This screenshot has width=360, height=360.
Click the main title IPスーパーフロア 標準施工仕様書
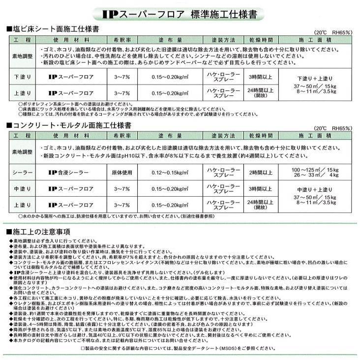[180, 15]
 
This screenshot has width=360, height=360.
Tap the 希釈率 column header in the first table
[121, 38]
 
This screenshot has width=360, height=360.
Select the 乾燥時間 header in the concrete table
[257, 135]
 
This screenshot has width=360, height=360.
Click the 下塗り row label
[22, 77]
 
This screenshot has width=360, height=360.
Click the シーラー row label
[22, 173]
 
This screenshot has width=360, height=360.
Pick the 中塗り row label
[22, 188]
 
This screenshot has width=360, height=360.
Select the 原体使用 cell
[121, 173]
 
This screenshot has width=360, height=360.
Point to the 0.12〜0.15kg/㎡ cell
[170, 173]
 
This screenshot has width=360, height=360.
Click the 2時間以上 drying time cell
[257, 173]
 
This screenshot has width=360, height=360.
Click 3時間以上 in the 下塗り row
[257, 77]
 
